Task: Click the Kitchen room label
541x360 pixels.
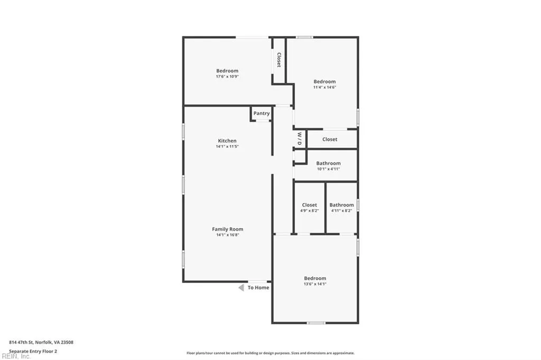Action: click(227, 140)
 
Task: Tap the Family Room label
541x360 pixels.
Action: click(228, 229)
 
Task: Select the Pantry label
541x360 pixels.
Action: click(261, 113)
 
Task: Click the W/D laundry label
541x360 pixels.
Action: click(299, 139)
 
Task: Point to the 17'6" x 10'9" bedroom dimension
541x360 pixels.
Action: click(227, 77)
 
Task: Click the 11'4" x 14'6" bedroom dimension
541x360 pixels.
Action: click(324, 88)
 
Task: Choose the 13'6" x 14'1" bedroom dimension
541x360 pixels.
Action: click(315, 284)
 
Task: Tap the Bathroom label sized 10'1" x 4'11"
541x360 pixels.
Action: click(328, 164)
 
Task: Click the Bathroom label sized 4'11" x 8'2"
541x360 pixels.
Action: click(341, 205)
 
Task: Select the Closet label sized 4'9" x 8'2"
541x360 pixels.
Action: click(310, 205)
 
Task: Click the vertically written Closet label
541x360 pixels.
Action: click(278, 60)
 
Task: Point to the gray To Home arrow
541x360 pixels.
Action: click(241, 288)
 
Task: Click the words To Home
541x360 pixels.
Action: click(258, 288)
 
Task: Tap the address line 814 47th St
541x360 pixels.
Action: click(41, 342)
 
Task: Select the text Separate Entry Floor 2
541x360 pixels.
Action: click(33, 350)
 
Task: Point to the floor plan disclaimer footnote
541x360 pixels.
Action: click(270, 353)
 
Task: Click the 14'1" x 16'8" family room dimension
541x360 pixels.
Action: click(228, 235)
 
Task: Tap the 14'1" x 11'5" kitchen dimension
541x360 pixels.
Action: click(227, 146)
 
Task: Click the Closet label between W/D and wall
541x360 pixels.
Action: click(330, 139)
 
